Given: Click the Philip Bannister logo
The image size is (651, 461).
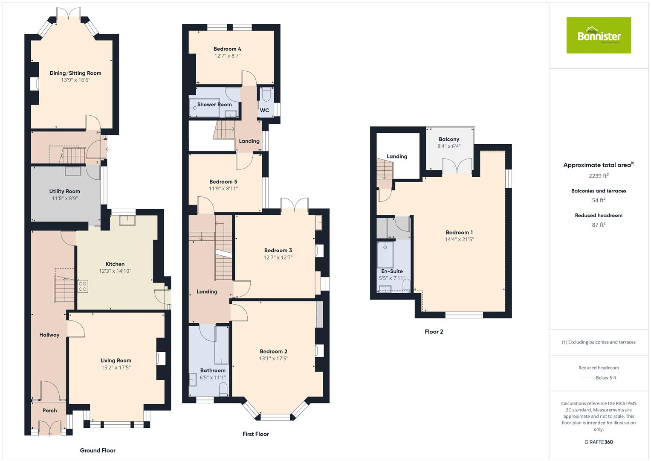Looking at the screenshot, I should pyautogui.click(x=599, y=35).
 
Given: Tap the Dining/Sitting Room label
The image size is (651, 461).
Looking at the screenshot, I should pyautogui.click(x=75, y=73).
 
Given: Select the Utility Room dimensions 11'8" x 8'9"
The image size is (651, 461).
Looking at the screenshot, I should pyautogui.click(x=64, y=198).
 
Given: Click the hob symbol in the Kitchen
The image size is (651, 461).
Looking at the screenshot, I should pyautogui.click(x=83, y=286).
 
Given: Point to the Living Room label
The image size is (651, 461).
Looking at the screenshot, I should pyautogui.click(x=116, y=360).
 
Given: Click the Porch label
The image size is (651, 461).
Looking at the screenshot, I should pyautogui.click(x=49, y=411).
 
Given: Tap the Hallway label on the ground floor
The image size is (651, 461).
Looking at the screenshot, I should pyautogui.click(x=49, y=335).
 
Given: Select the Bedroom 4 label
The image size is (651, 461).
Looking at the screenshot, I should pyautogui.click(x=227, y=49).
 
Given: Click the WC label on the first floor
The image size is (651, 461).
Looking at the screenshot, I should pyautogui.click(x=264, y=110).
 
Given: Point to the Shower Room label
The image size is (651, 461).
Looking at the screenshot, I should pyautogui.click(x=214, y=105).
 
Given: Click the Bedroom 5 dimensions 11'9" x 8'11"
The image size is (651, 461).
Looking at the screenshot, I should pyautogui.click(x=223, y=189).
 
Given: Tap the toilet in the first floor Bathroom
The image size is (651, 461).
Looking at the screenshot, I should pyautogui.click(x=223, y=389).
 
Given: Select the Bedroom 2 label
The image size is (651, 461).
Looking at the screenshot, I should pyautogui.click(x=274, y=351).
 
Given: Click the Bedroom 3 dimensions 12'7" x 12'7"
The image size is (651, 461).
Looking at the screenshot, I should pyautogui.click(x=278, y=257).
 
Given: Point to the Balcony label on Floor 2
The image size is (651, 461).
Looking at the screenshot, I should pyautogui.click(x=449, y=139).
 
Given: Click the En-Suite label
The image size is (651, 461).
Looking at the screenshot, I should pyautogui.click(x=392, y=271).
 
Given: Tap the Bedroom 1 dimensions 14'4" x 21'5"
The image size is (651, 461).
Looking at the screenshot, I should pyautogui.click(x=459, y=239).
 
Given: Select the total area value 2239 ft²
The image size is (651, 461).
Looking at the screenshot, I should pyautogui.click(x=599, y=175).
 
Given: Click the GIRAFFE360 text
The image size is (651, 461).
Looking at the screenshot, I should pyautogui.click(x=599, y=442).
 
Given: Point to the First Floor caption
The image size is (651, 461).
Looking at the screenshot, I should pyautogui.click(x=256, y=434).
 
